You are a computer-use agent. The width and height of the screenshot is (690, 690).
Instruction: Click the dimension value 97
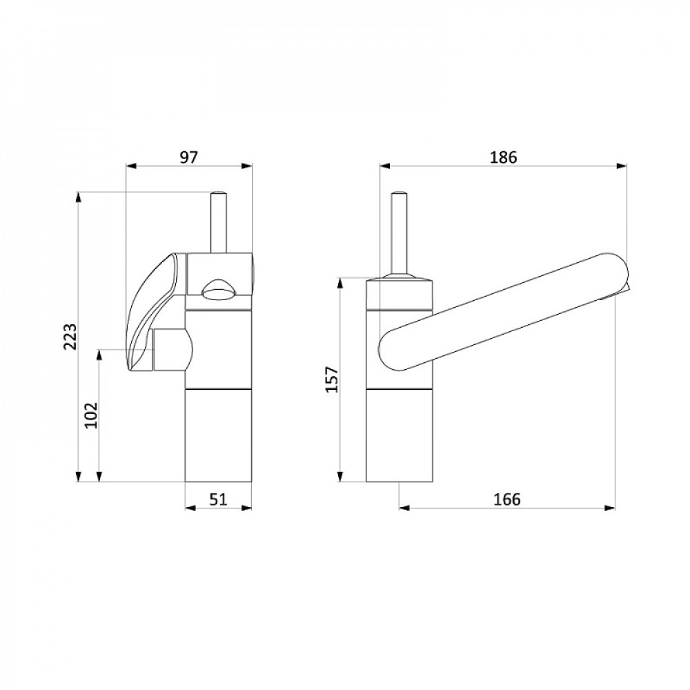[189, 157]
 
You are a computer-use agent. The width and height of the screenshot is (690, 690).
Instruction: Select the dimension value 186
[504, 157]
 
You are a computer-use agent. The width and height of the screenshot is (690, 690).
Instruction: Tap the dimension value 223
[70, 337]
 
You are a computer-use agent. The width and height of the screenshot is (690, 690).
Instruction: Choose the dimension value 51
[218, 500]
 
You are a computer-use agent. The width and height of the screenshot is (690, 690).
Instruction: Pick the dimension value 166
[507, 500]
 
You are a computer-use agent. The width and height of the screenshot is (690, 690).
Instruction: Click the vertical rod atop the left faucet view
[219, 222]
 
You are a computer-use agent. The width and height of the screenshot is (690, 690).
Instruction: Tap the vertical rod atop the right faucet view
[399, 233]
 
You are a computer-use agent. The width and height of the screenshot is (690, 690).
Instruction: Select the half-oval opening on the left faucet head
[219, 290]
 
